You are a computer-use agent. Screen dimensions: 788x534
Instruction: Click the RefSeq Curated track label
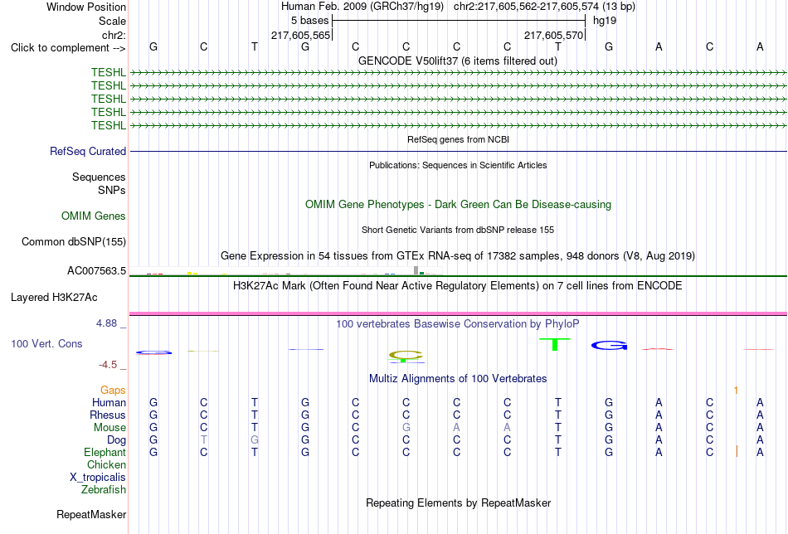[x=88, y=151]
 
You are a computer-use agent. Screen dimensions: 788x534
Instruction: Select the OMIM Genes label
[x=94, y=216]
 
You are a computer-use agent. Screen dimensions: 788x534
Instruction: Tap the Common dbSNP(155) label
[x=74, y=241]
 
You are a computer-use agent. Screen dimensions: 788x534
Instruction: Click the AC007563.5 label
[x=96, y=271]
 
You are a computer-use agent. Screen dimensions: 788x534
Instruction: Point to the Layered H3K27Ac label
[x=54, y=298]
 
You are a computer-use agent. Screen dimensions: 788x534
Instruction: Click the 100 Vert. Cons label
[x=46, y=343]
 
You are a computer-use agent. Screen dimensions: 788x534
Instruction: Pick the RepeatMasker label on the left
[x=91, y=514]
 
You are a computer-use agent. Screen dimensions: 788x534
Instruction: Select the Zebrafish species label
[x=104, y=489]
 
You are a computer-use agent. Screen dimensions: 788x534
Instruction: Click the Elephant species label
[x=105, y=452]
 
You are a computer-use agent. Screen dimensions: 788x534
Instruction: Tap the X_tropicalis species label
[x=98, y=478]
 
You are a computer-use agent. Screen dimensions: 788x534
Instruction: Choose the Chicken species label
[x=106, y=464]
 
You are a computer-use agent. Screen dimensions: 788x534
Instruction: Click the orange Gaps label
[x=113, y=391]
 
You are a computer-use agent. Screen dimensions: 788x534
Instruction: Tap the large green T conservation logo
[x=555, y=345]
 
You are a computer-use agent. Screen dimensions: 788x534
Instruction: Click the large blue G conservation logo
[x=610, y=345]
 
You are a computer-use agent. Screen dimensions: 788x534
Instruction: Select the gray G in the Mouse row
[x=406, y=428]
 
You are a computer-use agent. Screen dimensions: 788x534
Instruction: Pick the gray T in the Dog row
[x=203, y=440]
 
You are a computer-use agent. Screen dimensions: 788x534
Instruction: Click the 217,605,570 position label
[x=553, y=35]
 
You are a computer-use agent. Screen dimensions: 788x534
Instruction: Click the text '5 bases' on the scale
[x=309, y=21]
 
